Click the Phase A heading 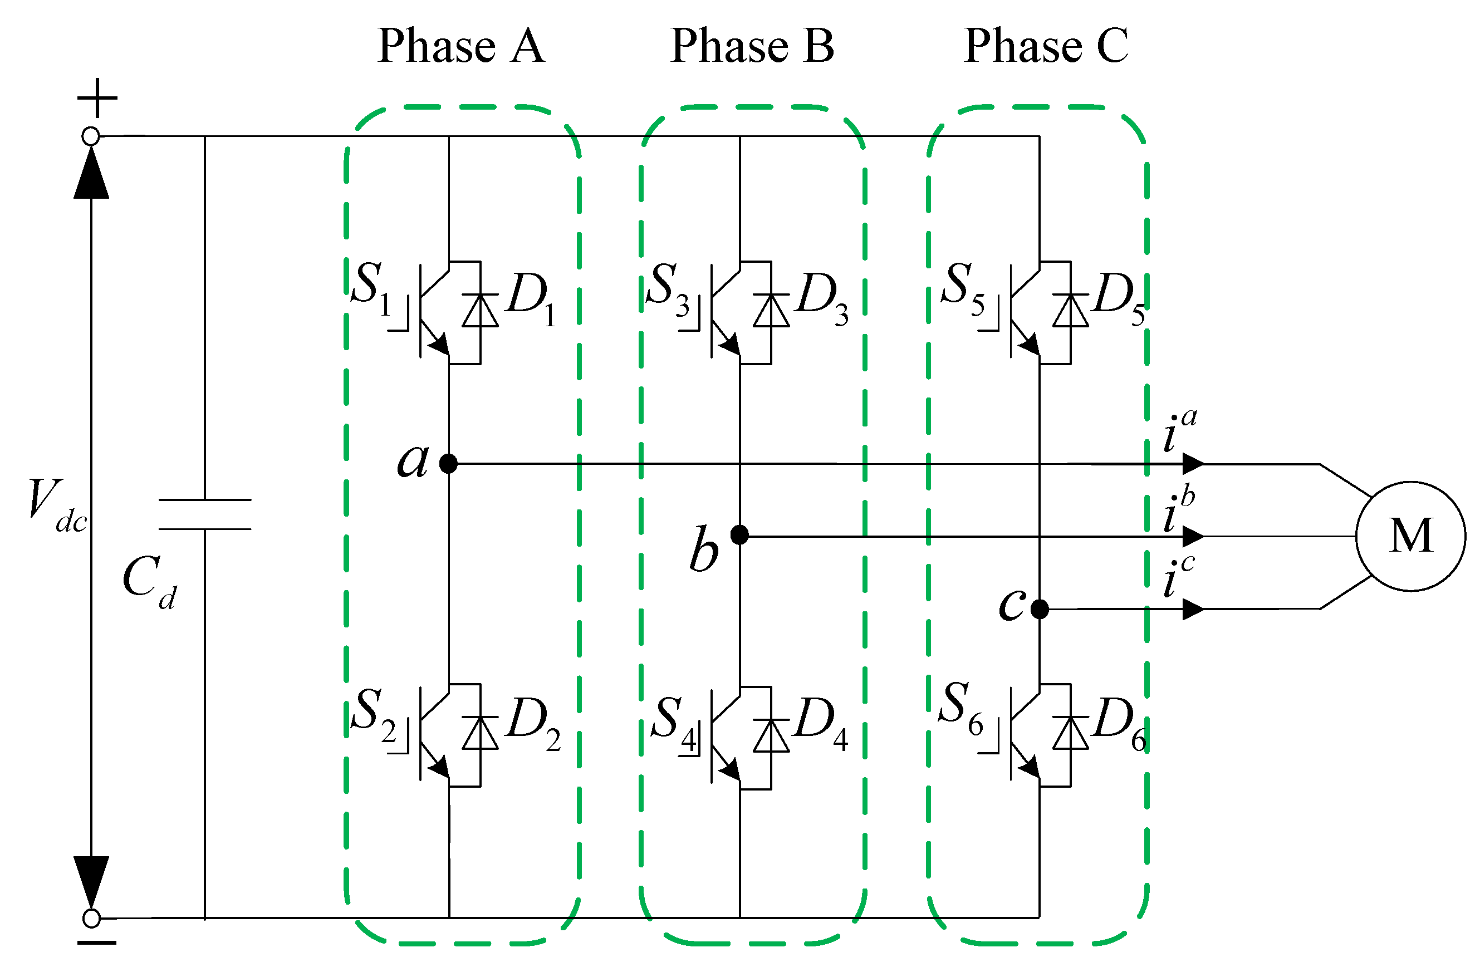[x=461, y=47]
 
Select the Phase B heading [x=752, y=47]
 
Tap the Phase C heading [x=1046, y=47]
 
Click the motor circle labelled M [x=1410, y=536]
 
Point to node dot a [x=448, y=463]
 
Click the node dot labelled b [x=739, y=534]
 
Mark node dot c [x=1040, y=609]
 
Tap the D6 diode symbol [x=1071, y=734]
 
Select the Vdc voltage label [x=56, y=504]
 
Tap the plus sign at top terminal [x=97, y=98]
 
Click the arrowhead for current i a [x=1193, y=463]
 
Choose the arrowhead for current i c [x=1193, y=609]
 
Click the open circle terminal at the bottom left [x=91, y=918]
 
